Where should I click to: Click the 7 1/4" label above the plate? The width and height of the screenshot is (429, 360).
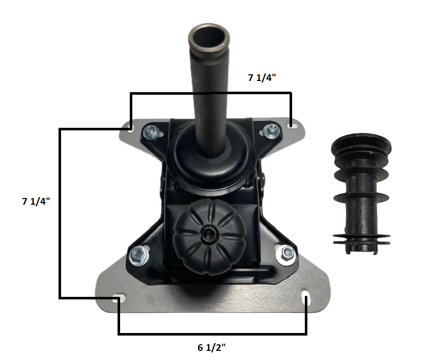(x=262, y=78)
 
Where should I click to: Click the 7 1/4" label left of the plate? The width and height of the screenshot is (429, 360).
(x=35, y=201)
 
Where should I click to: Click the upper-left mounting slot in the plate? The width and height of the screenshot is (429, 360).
(x=131, y=127)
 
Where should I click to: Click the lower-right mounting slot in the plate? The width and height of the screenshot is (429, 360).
(x=306, y=298)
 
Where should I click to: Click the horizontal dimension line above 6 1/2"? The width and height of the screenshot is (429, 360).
(x=212, y=334)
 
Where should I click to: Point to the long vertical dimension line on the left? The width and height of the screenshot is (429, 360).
(x=61, y=214)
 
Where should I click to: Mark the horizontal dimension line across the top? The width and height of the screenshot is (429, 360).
(x=211, y=93)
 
